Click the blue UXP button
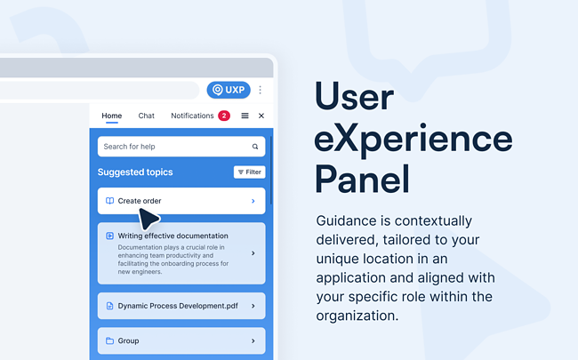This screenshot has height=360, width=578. coord(229,90)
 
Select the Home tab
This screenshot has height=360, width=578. coord(111,116)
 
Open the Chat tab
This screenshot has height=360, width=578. coord(146,116)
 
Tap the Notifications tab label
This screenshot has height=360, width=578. coord(192,116)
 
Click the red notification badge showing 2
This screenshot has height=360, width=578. coord(224,116)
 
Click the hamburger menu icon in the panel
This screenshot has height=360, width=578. coord(245,116)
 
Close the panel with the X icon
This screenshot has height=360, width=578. coord(261,116)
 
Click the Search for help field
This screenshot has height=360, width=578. coord(173,147)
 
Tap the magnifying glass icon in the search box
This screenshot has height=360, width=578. coord(255,147)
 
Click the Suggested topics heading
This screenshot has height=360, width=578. coord(135,172)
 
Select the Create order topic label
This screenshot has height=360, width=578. coord(140,201)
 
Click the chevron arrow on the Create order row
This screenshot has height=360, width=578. coord(253,201)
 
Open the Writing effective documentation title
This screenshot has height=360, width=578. coord(173,236)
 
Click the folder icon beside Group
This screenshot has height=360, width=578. coord(109,340)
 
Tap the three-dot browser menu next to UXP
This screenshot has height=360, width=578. coord(261,90)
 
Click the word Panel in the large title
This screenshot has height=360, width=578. coord(362,179)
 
